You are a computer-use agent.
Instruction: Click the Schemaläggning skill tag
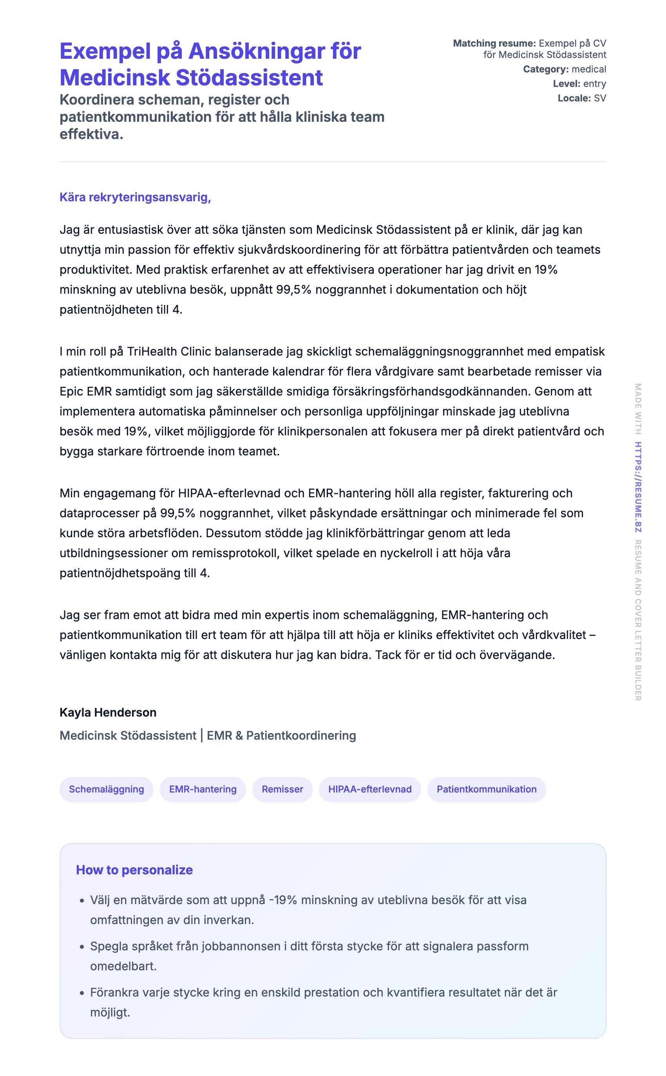point(106,789)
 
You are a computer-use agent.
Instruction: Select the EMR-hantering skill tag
point(203,789)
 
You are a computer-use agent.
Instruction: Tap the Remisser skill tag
point(282,789)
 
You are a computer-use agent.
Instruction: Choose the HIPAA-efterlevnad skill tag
point(369,789)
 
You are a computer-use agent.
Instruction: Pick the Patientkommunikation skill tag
point(486,789)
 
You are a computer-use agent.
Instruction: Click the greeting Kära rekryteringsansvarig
point(135,197)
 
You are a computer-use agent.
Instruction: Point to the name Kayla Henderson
point(108,712)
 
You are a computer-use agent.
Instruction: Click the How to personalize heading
point(134,870)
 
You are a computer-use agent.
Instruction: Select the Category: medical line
point(564,69)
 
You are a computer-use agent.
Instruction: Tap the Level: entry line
point(579,84)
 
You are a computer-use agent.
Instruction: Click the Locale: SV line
point(581,98)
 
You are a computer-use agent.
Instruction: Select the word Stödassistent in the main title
point(249,78)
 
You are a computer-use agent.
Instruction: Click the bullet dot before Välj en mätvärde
point(82,901)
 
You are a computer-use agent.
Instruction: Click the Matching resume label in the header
point(494,43)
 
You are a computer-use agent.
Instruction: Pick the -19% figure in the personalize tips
point(283,900)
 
